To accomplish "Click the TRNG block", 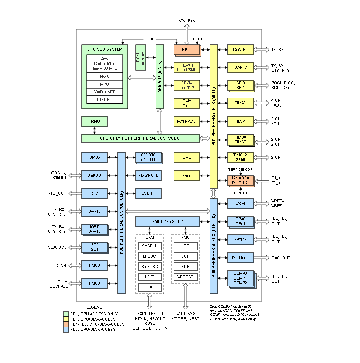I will (94, 122).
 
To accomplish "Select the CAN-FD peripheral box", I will (240, 50).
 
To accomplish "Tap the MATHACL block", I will (187, 122).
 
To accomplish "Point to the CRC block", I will (187, 158).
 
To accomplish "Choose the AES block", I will (187, 175).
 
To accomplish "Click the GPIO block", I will (187, 50).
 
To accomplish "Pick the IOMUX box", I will (94, 158).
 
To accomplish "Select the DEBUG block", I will (94, 175).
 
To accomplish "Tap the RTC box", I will (94, 193).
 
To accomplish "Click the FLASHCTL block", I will (148, 175).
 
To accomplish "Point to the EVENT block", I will (148, 193).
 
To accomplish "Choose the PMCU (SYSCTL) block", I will (168, 222).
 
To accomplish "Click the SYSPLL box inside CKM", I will (149, 246).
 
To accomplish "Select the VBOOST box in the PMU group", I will (185, 277).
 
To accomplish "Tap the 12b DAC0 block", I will (240, 258).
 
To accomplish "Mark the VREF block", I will (240, 204).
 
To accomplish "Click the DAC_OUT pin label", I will (281, 258).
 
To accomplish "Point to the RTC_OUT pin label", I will (57, 193).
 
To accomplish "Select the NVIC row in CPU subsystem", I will (104, 76).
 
